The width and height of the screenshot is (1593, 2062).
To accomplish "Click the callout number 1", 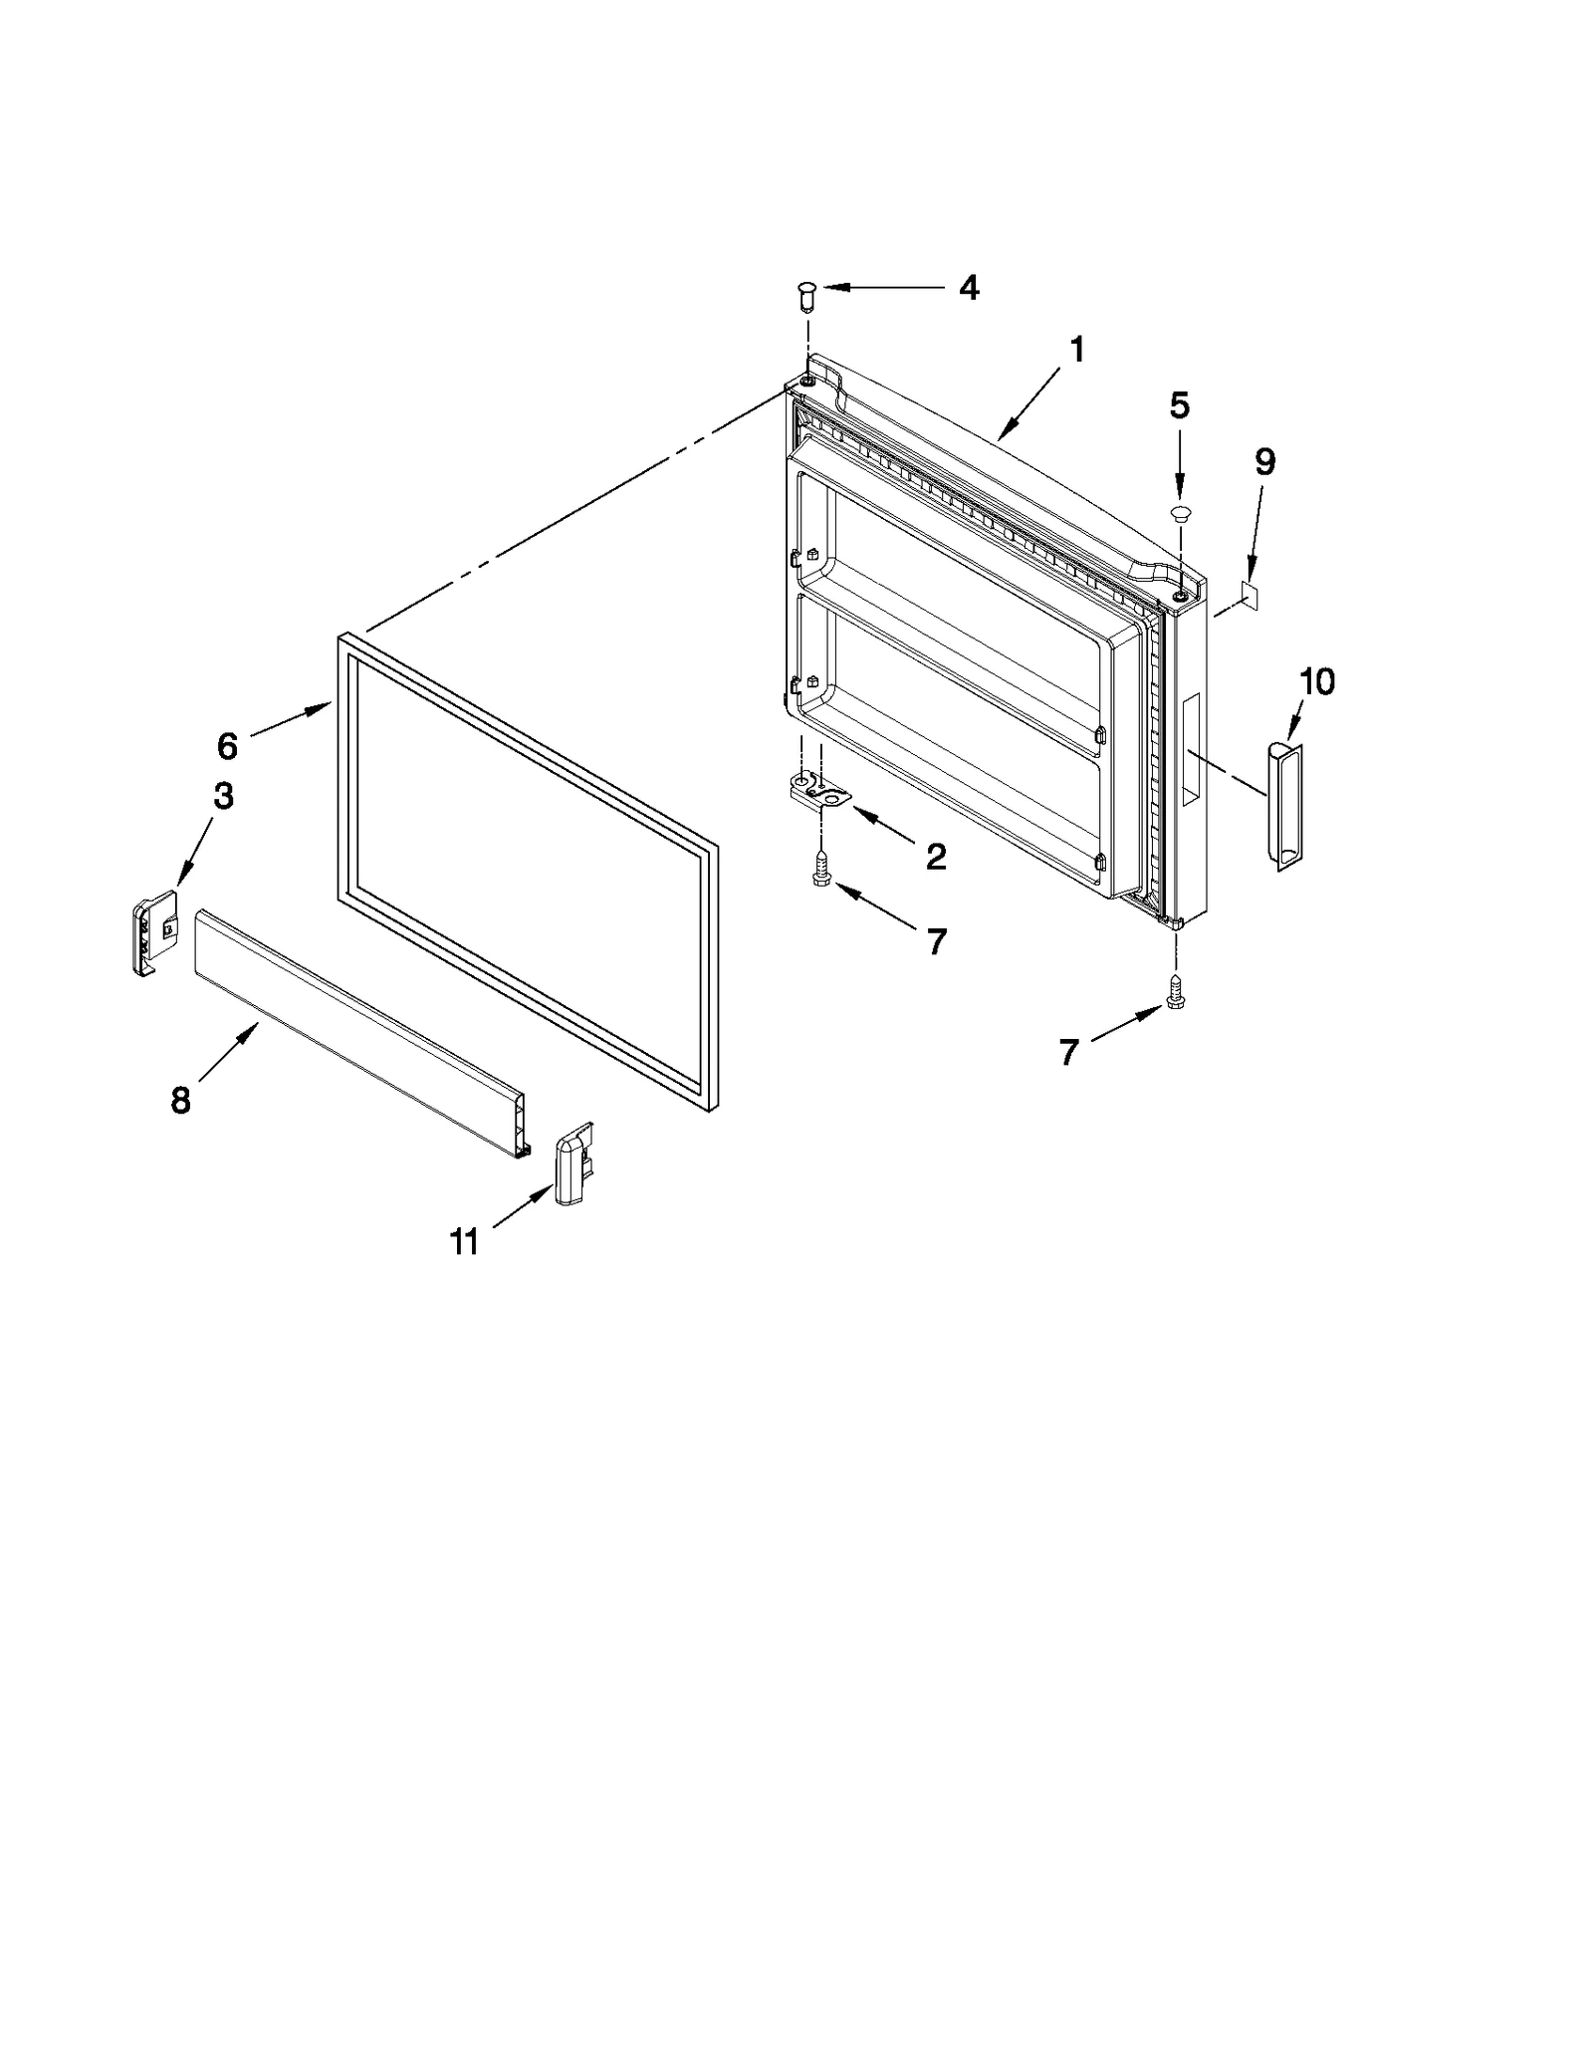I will pos(1076,351).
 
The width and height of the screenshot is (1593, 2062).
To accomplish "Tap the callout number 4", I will pos(969,288).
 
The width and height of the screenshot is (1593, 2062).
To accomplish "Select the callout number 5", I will pos(1179,405).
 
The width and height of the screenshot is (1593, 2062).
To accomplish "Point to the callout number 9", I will pos(1263,462).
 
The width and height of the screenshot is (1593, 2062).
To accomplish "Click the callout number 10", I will pos(1316,682).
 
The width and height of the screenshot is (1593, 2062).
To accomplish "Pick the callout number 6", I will pos(227,745).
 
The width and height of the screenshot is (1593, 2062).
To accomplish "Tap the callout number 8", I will pos(180,1100).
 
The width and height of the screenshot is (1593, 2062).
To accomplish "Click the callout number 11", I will pos(464,1242).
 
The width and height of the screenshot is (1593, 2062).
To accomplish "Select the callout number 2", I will pos(935,857).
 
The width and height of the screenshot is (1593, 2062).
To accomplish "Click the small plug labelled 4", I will pos(806,295).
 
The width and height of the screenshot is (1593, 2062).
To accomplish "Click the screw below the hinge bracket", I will pos(821,869).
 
